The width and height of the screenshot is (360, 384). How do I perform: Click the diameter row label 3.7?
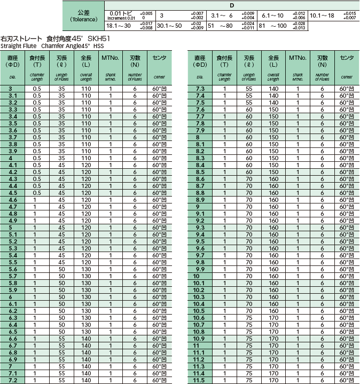[x=13, y=137]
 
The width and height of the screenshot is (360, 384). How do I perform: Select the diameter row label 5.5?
[x=13, y=262]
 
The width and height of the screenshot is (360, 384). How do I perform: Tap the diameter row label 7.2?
[x=13, y=380]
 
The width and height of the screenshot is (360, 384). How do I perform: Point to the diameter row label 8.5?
[x=200, y=172]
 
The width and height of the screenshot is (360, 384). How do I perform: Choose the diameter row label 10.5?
[x=199, y=311]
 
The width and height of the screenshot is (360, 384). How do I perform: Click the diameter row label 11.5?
[x=199, y=380]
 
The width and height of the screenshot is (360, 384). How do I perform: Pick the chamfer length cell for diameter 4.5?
[x=37, y=193]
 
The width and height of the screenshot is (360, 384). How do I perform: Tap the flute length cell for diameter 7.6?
[x=249, y=109]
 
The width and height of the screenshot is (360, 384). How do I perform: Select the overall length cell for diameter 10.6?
[x=273, y=318]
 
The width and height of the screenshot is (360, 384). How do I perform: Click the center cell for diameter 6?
[x=160, y=297]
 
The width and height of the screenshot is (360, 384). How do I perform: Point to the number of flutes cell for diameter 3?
[x=135, y=89]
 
